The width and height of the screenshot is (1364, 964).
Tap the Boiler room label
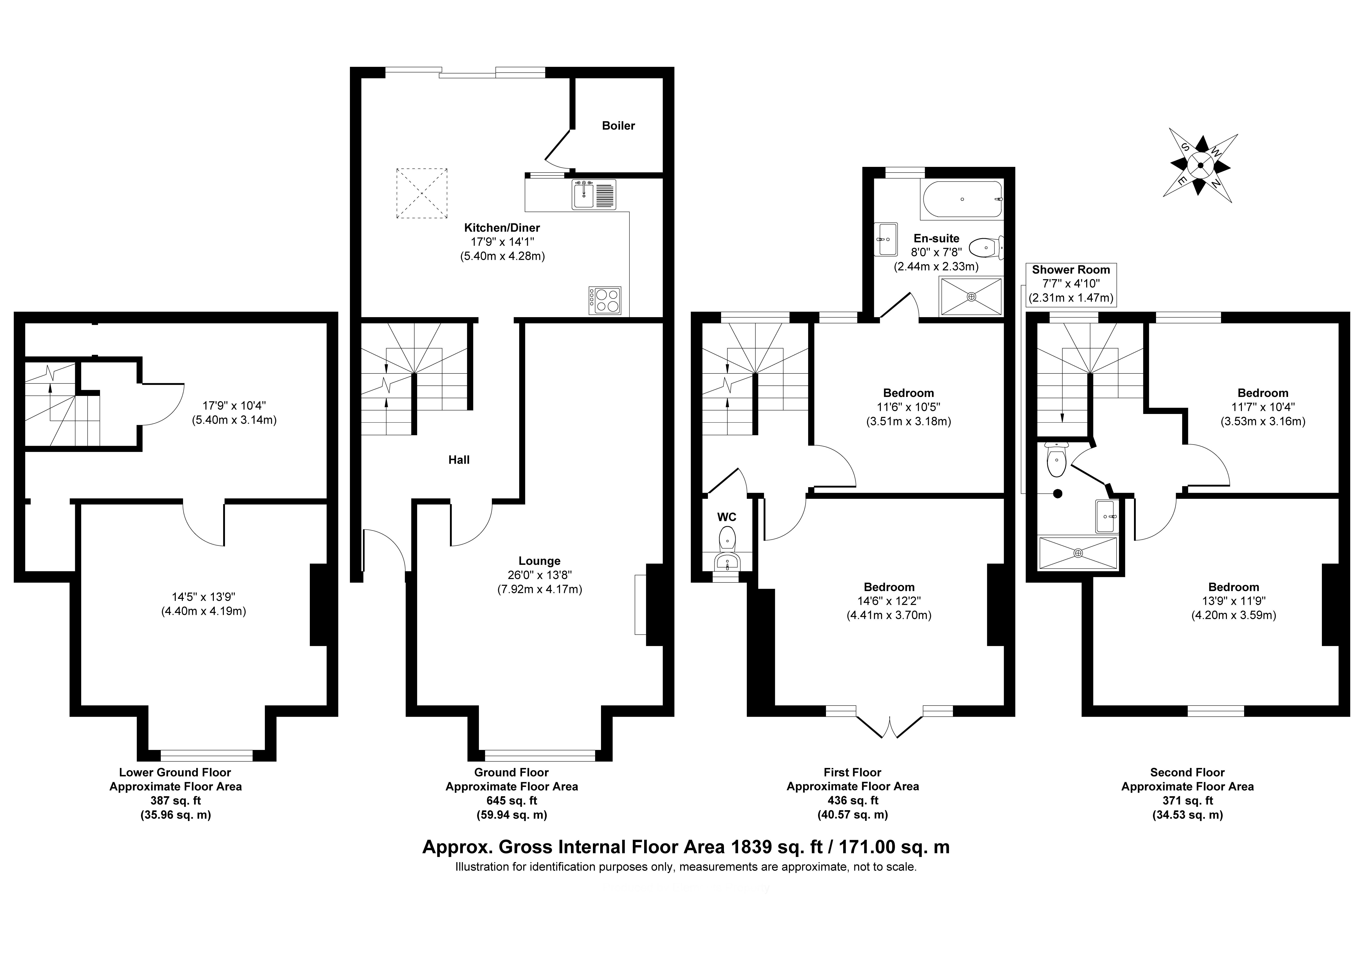click(x=618, y=125)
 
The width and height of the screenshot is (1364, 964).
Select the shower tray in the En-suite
click(x=971, y=296)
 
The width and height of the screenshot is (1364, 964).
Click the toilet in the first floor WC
click(x=727, y=539)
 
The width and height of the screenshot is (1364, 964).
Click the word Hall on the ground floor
click(x=459, y=459)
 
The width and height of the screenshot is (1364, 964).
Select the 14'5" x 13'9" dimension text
click(x=204, y=597)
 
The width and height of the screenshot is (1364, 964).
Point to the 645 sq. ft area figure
click(x=511, y=801)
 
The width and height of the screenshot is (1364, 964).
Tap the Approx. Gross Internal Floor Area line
click(x=686, y=847)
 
